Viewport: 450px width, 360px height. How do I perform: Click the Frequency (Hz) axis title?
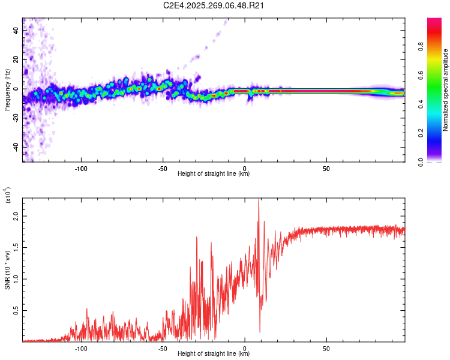pyautogui.click(x=7, y=89)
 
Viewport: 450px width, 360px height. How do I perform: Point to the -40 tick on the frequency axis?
pyautogui.click(x=16, y=147)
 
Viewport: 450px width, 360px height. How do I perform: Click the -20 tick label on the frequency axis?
pyautogui.click(x=16, y=118)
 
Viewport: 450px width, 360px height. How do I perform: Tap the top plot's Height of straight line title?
pyautogui.click(x=214, y=174)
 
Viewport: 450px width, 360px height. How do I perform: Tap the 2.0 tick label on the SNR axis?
pyautogui.click(x=16, y=218)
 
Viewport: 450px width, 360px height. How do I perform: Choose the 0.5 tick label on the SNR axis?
pyautogui.click(x=16, y=310)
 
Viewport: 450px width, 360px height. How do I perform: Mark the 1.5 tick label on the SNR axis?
pyautogui.click(x=16, y=248)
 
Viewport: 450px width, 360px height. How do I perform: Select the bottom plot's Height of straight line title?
pyautogui.click(x=214, y=354)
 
